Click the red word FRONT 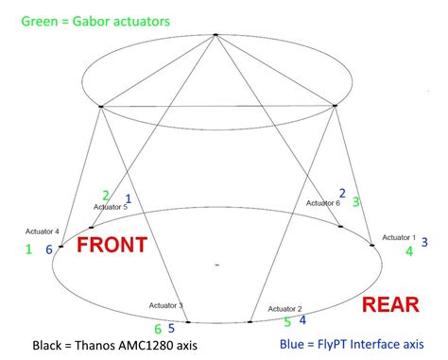[112, 246]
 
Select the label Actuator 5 [111, 207]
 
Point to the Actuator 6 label [323, 203]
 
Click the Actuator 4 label [43, 231]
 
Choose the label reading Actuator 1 [399, 236]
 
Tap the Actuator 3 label [166, 305]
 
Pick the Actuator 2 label [285, 308]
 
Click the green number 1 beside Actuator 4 [28, 249]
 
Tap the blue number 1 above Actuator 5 [129, 198]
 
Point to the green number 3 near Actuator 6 [356, 201]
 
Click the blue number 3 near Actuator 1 [424, 243]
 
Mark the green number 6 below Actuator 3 [158, 330]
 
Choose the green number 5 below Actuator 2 [287, 322]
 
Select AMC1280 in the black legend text [145, 346]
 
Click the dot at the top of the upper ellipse [216, 35]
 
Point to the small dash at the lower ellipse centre [216, 266]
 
